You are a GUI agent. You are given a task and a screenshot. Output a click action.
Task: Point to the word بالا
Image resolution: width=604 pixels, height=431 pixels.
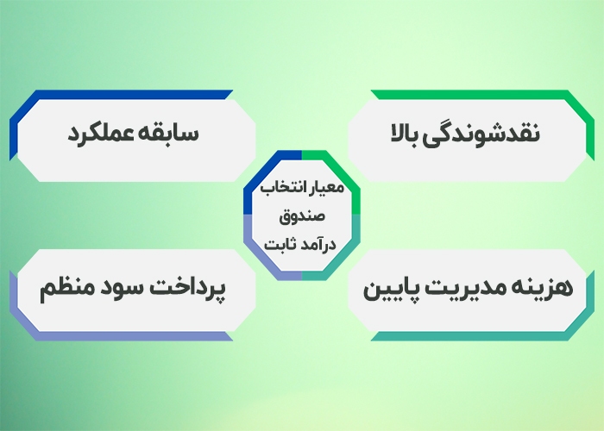pyautogui.click(x=413, y=135)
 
